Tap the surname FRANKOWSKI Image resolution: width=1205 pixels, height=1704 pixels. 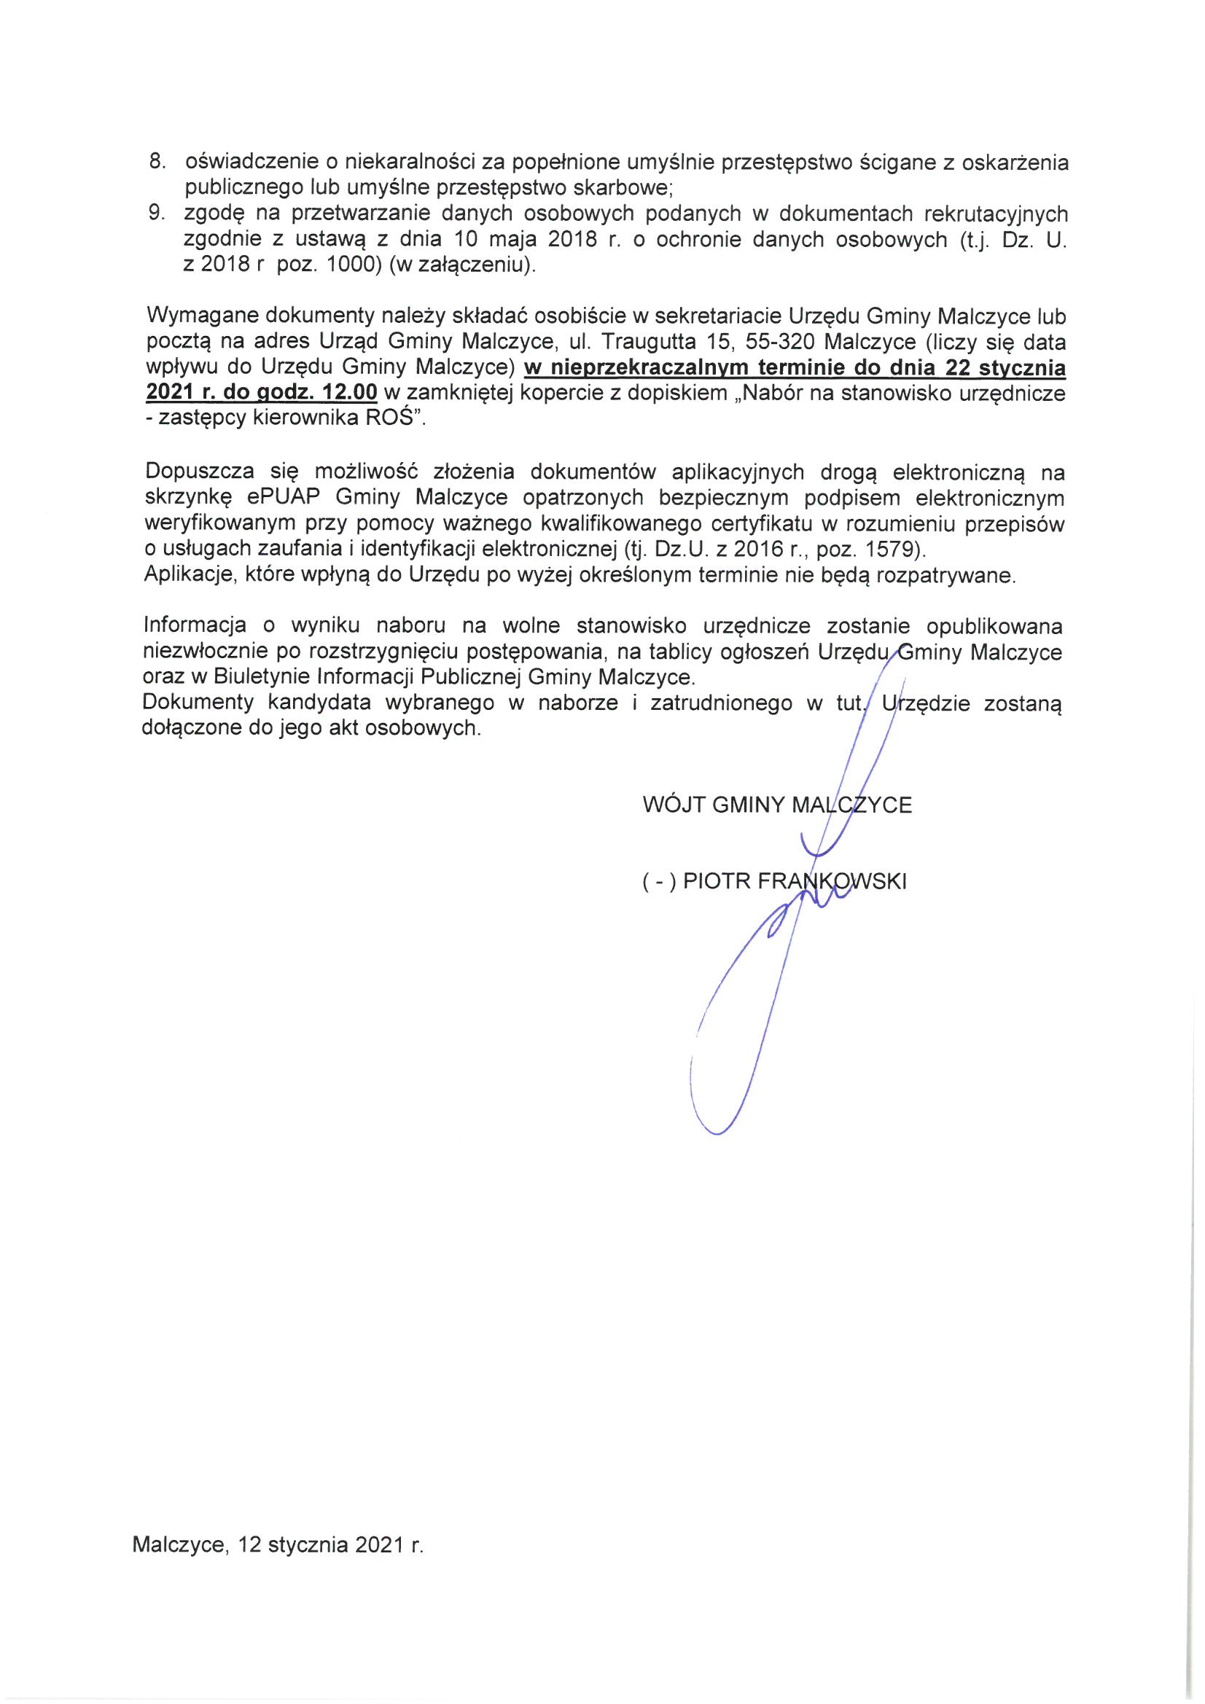coord(832,882)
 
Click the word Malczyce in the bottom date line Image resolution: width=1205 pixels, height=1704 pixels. coord(178,1546)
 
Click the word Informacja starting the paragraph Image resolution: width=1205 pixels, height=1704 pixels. coord(195,626)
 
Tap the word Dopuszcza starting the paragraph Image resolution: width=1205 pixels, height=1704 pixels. coord(200,472)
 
